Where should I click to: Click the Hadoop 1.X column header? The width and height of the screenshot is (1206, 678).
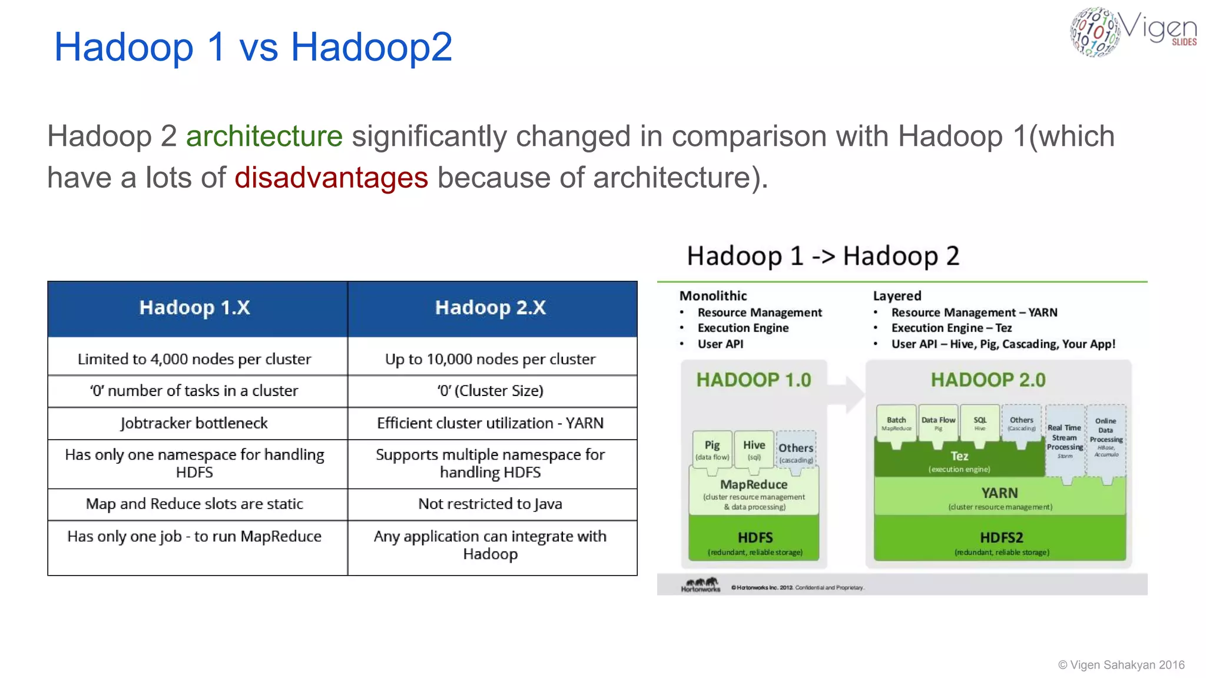195,308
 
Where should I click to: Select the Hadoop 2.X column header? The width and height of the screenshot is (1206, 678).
491,308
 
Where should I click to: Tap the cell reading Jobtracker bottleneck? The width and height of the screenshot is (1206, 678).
194,423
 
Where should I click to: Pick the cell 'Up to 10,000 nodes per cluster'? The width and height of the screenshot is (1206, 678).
491,359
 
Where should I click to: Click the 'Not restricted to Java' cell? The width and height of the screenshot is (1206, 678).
491,504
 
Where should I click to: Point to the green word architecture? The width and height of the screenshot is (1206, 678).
264,137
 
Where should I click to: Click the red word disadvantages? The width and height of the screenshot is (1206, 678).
331,178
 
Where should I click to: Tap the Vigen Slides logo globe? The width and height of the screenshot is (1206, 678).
1094,32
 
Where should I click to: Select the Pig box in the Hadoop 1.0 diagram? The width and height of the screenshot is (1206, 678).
712,450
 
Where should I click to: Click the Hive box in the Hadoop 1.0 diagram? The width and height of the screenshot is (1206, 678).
754,450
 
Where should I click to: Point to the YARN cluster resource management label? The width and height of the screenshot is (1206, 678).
999,498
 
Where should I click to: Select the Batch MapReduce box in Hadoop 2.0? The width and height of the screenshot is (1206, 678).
896,423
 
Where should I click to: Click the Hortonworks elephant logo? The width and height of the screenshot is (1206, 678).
701,584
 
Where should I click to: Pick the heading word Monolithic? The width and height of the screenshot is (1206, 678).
713,296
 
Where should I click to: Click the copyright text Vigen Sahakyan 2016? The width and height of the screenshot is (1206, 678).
1121,665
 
